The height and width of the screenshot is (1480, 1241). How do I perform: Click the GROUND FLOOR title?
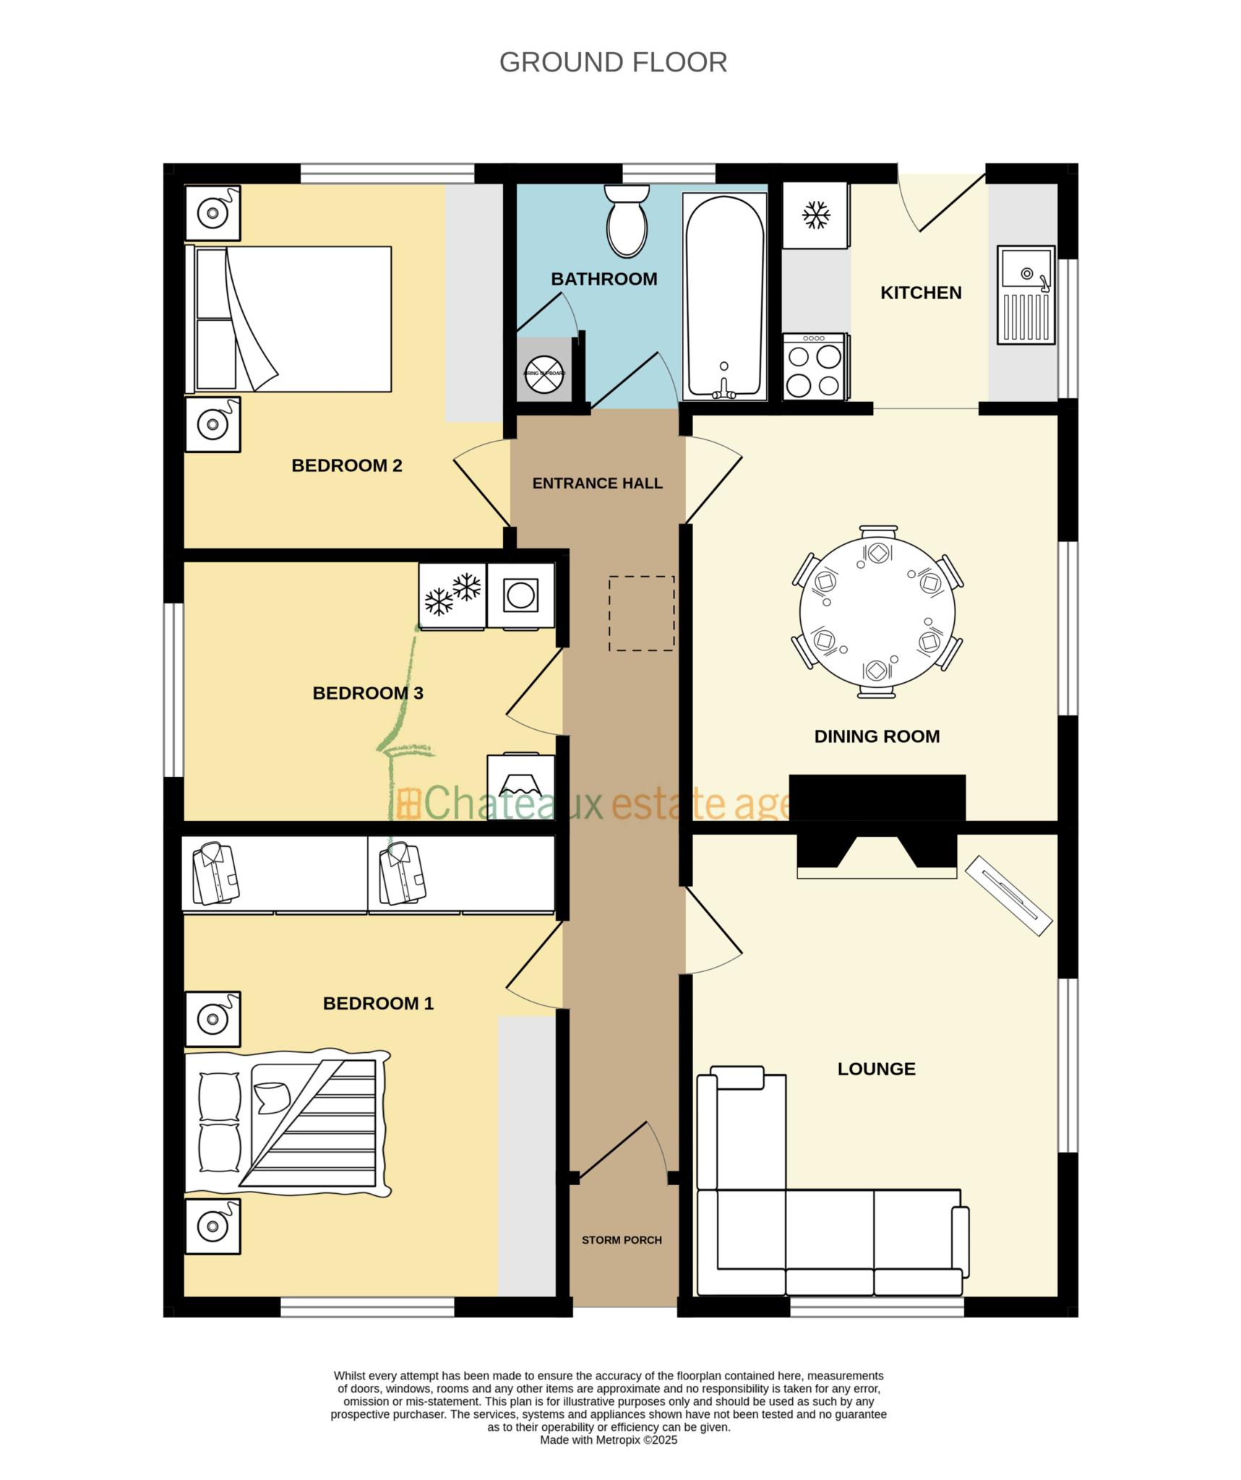[613, 63]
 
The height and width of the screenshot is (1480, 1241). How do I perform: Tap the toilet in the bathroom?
[627, 221]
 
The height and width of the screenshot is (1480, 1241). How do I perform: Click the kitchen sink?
[1026, 294]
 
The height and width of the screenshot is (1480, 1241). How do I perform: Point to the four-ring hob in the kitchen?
[814, 366]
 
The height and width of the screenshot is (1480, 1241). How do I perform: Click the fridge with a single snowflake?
[816, 215]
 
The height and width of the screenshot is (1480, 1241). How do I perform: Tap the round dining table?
[877, 611]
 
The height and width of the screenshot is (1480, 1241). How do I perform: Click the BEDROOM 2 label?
[346, 465]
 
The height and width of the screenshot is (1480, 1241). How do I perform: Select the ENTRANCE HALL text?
[597, 483]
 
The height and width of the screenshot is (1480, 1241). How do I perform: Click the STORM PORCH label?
[622, 1239]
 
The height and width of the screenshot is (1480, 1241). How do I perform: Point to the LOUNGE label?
[876, 1069]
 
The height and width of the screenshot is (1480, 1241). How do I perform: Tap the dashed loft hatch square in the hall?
[641, 613]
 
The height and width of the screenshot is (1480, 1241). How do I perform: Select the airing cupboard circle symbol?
[544, 374]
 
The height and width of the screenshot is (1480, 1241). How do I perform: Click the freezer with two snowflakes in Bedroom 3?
[452, 595]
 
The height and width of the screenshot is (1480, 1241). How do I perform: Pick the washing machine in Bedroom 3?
[520, 595]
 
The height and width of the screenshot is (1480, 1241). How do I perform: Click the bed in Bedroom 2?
[289, 319]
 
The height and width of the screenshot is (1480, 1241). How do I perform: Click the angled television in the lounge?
[1009, 895]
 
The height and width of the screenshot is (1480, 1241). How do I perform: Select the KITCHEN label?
[920, 293]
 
